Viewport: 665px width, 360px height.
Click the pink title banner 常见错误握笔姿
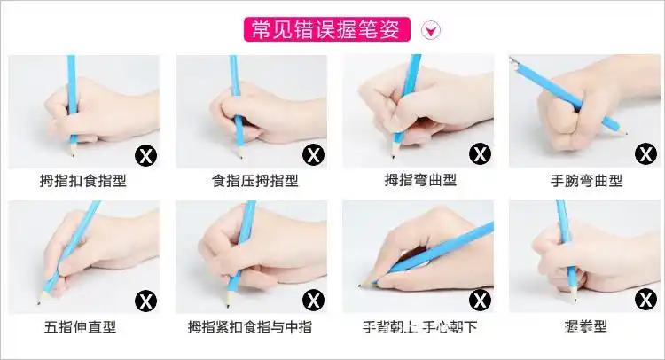(327, 29)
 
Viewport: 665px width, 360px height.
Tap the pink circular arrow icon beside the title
(432, 31)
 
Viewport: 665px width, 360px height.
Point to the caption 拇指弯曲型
(420, 181)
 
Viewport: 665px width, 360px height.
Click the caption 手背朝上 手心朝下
(420, 327)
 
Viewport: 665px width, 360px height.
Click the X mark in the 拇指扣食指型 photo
(145, 156)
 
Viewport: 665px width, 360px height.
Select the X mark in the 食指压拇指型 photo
(314, 155)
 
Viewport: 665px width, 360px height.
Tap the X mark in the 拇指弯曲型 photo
(480, 154)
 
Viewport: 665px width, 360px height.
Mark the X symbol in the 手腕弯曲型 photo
(646, 154)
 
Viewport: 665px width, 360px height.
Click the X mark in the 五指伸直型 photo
(145, 301)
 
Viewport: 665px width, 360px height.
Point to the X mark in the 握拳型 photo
(646, 300)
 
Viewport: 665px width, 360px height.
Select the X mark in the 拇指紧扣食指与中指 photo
(314, 301)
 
